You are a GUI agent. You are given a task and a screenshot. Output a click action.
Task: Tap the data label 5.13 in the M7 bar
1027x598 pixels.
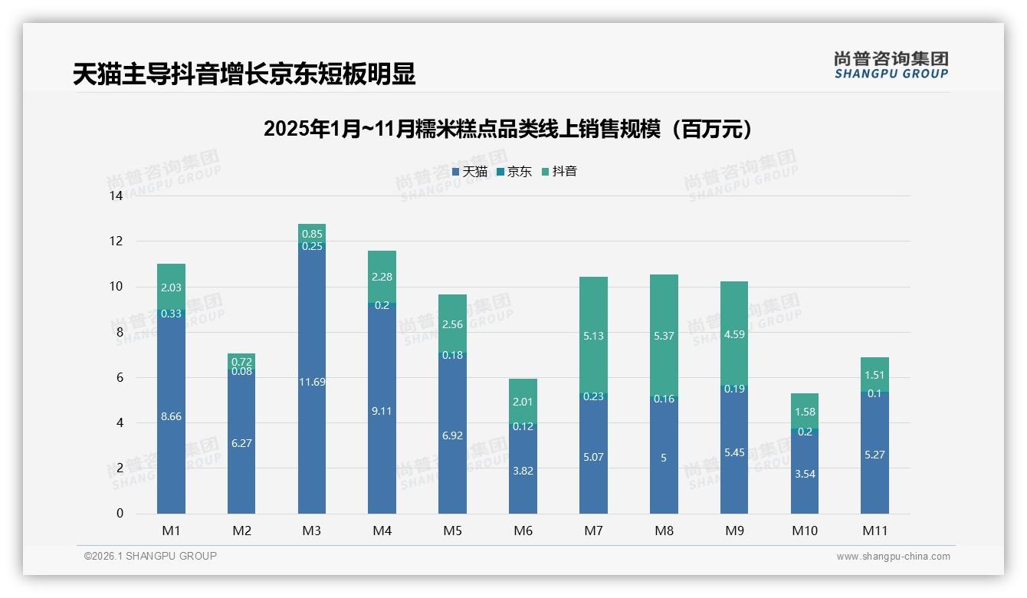(x=593, y=335)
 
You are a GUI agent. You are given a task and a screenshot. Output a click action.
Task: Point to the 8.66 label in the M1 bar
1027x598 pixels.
(x=171, y=416)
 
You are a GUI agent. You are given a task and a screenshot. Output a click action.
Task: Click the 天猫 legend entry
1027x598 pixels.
(x=470, y=172)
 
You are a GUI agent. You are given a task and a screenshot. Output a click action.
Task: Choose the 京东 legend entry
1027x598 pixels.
(x=514, y=172)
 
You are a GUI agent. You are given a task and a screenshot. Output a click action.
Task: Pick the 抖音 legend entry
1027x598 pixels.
(x=559, y=172)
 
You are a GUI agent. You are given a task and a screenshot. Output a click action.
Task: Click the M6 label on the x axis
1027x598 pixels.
(x=523, y=531)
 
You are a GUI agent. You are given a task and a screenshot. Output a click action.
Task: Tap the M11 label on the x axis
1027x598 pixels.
(x=874, y=531)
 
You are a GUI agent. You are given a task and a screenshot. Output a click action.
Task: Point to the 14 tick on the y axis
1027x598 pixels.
(x=116, y=196)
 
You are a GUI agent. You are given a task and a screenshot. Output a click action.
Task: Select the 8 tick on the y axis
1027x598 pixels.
(x=119, y=333)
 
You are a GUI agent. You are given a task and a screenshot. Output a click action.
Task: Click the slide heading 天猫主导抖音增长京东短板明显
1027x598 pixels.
(x=244, y=74)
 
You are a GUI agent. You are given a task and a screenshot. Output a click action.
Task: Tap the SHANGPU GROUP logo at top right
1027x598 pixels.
(x=891, y=65)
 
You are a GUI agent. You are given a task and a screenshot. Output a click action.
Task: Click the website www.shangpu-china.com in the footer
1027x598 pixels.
(x=893, y=557)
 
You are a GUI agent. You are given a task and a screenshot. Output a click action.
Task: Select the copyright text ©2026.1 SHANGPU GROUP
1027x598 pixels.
(x=150, y=556)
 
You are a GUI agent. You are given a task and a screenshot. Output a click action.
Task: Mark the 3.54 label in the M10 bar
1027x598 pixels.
(x=805, y=475)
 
